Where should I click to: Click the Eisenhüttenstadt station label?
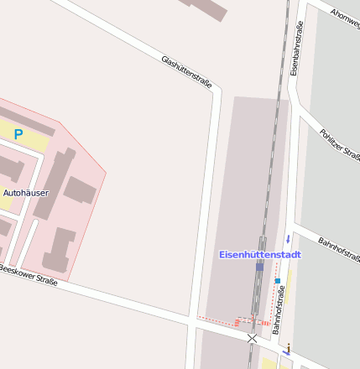click(x=258, y=254)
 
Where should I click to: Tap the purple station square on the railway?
click(x=260, y=266)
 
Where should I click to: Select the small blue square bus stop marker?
click(x=277, y=280)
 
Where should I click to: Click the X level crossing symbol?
click(x=252, y=337)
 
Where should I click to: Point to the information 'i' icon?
click(x=289, y=348)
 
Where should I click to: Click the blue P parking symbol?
click(x=18, y=133)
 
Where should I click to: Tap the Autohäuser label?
click(x=26, y=193)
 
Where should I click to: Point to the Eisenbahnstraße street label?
click(x=295, y=49)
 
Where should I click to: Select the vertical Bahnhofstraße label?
click(x=281, y=310)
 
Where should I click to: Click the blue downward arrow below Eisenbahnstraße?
click(x=287, y=238)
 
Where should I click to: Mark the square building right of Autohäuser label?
click(x=81, y=190)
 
